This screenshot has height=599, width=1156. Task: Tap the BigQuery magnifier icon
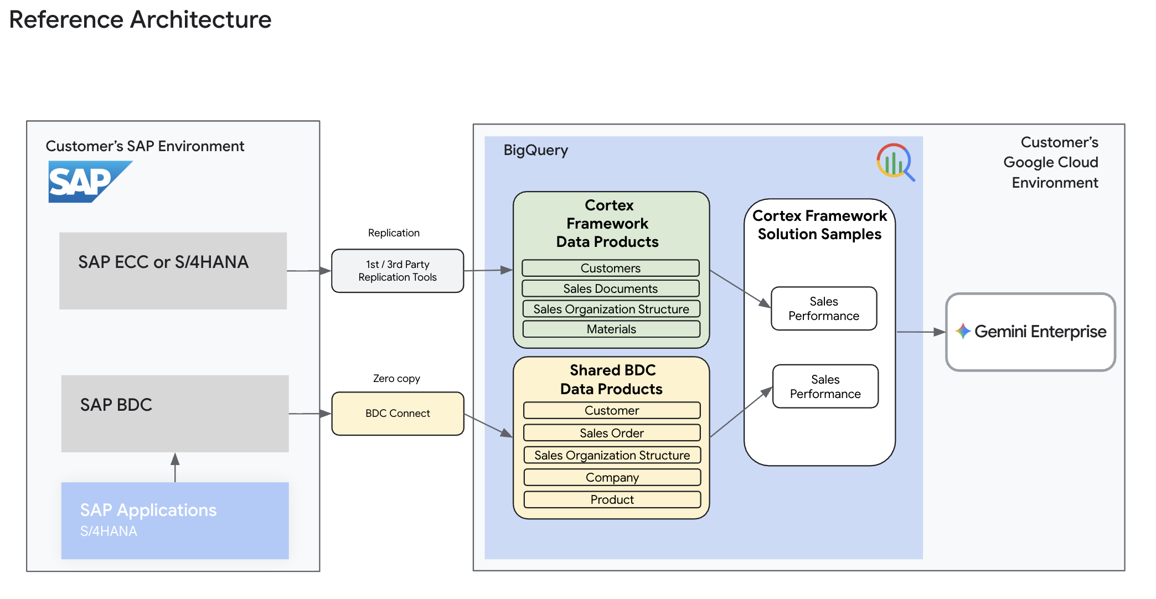895,162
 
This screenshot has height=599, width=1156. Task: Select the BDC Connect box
398,414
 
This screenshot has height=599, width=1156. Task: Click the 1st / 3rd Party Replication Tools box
398,271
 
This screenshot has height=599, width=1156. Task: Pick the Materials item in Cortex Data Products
611,329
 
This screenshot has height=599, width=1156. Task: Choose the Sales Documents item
611,288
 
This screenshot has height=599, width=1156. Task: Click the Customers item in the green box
611,268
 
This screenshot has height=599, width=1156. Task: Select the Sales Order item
612,433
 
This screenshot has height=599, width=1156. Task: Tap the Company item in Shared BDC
612,477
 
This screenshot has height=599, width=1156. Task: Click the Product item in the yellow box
612,499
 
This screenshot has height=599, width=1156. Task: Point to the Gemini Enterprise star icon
963,331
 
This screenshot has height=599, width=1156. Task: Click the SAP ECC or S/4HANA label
163,262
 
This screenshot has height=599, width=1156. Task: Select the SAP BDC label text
116,405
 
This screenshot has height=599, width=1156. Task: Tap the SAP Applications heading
148,510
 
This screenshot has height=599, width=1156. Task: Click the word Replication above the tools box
394,233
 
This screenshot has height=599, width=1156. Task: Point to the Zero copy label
396,379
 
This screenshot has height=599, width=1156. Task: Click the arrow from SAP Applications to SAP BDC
175,468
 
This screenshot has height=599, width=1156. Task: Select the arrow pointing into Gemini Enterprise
921,332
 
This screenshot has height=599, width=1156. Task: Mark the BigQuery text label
535,150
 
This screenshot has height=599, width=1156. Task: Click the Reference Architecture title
140,19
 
